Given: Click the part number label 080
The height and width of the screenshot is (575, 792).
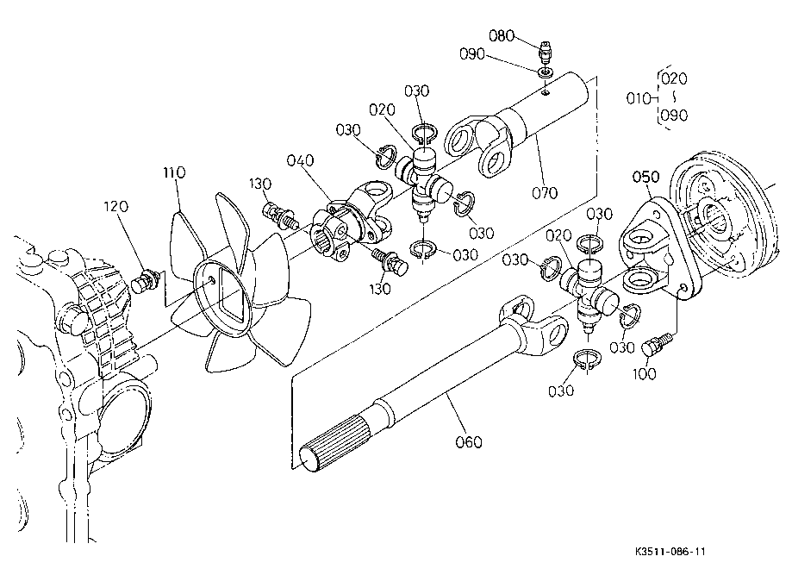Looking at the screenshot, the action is click(501, 36).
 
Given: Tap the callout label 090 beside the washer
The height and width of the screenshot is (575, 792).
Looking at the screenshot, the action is click(471, 54).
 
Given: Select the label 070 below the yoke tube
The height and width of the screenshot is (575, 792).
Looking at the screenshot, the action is click(545, 192).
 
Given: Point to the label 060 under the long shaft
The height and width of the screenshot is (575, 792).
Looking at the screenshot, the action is click(469, 442).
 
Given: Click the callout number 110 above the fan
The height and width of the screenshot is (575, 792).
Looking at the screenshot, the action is click(174, 172).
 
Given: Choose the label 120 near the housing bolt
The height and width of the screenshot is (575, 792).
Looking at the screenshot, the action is click(116, 206).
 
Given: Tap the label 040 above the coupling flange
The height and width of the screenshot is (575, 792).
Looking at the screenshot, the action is click(300, 160).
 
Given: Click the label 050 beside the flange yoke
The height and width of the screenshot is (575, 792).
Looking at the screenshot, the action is click(646, 177).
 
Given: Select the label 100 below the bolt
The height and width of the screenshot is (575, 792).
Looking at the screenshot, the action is click(645, 374).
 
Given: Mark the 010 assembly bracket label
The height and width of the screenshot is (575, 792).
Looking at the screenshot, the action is click(638, 98).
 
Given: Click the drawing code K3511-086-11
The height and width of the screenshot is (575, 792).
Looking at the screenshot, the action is click(670, 551).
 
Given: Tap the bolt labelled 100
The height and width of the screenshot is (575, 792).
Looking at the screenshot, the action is click(656, 344).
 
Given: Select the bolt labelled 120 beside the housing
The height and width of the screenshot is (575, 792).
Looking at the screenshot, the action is click(146, 280).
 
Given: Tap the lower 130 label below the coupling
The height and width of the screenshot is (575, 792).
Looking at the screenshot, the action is click(380, 289).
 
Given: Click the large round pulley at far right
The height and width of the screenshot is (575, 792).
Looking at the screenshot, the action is click(722, 215).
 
